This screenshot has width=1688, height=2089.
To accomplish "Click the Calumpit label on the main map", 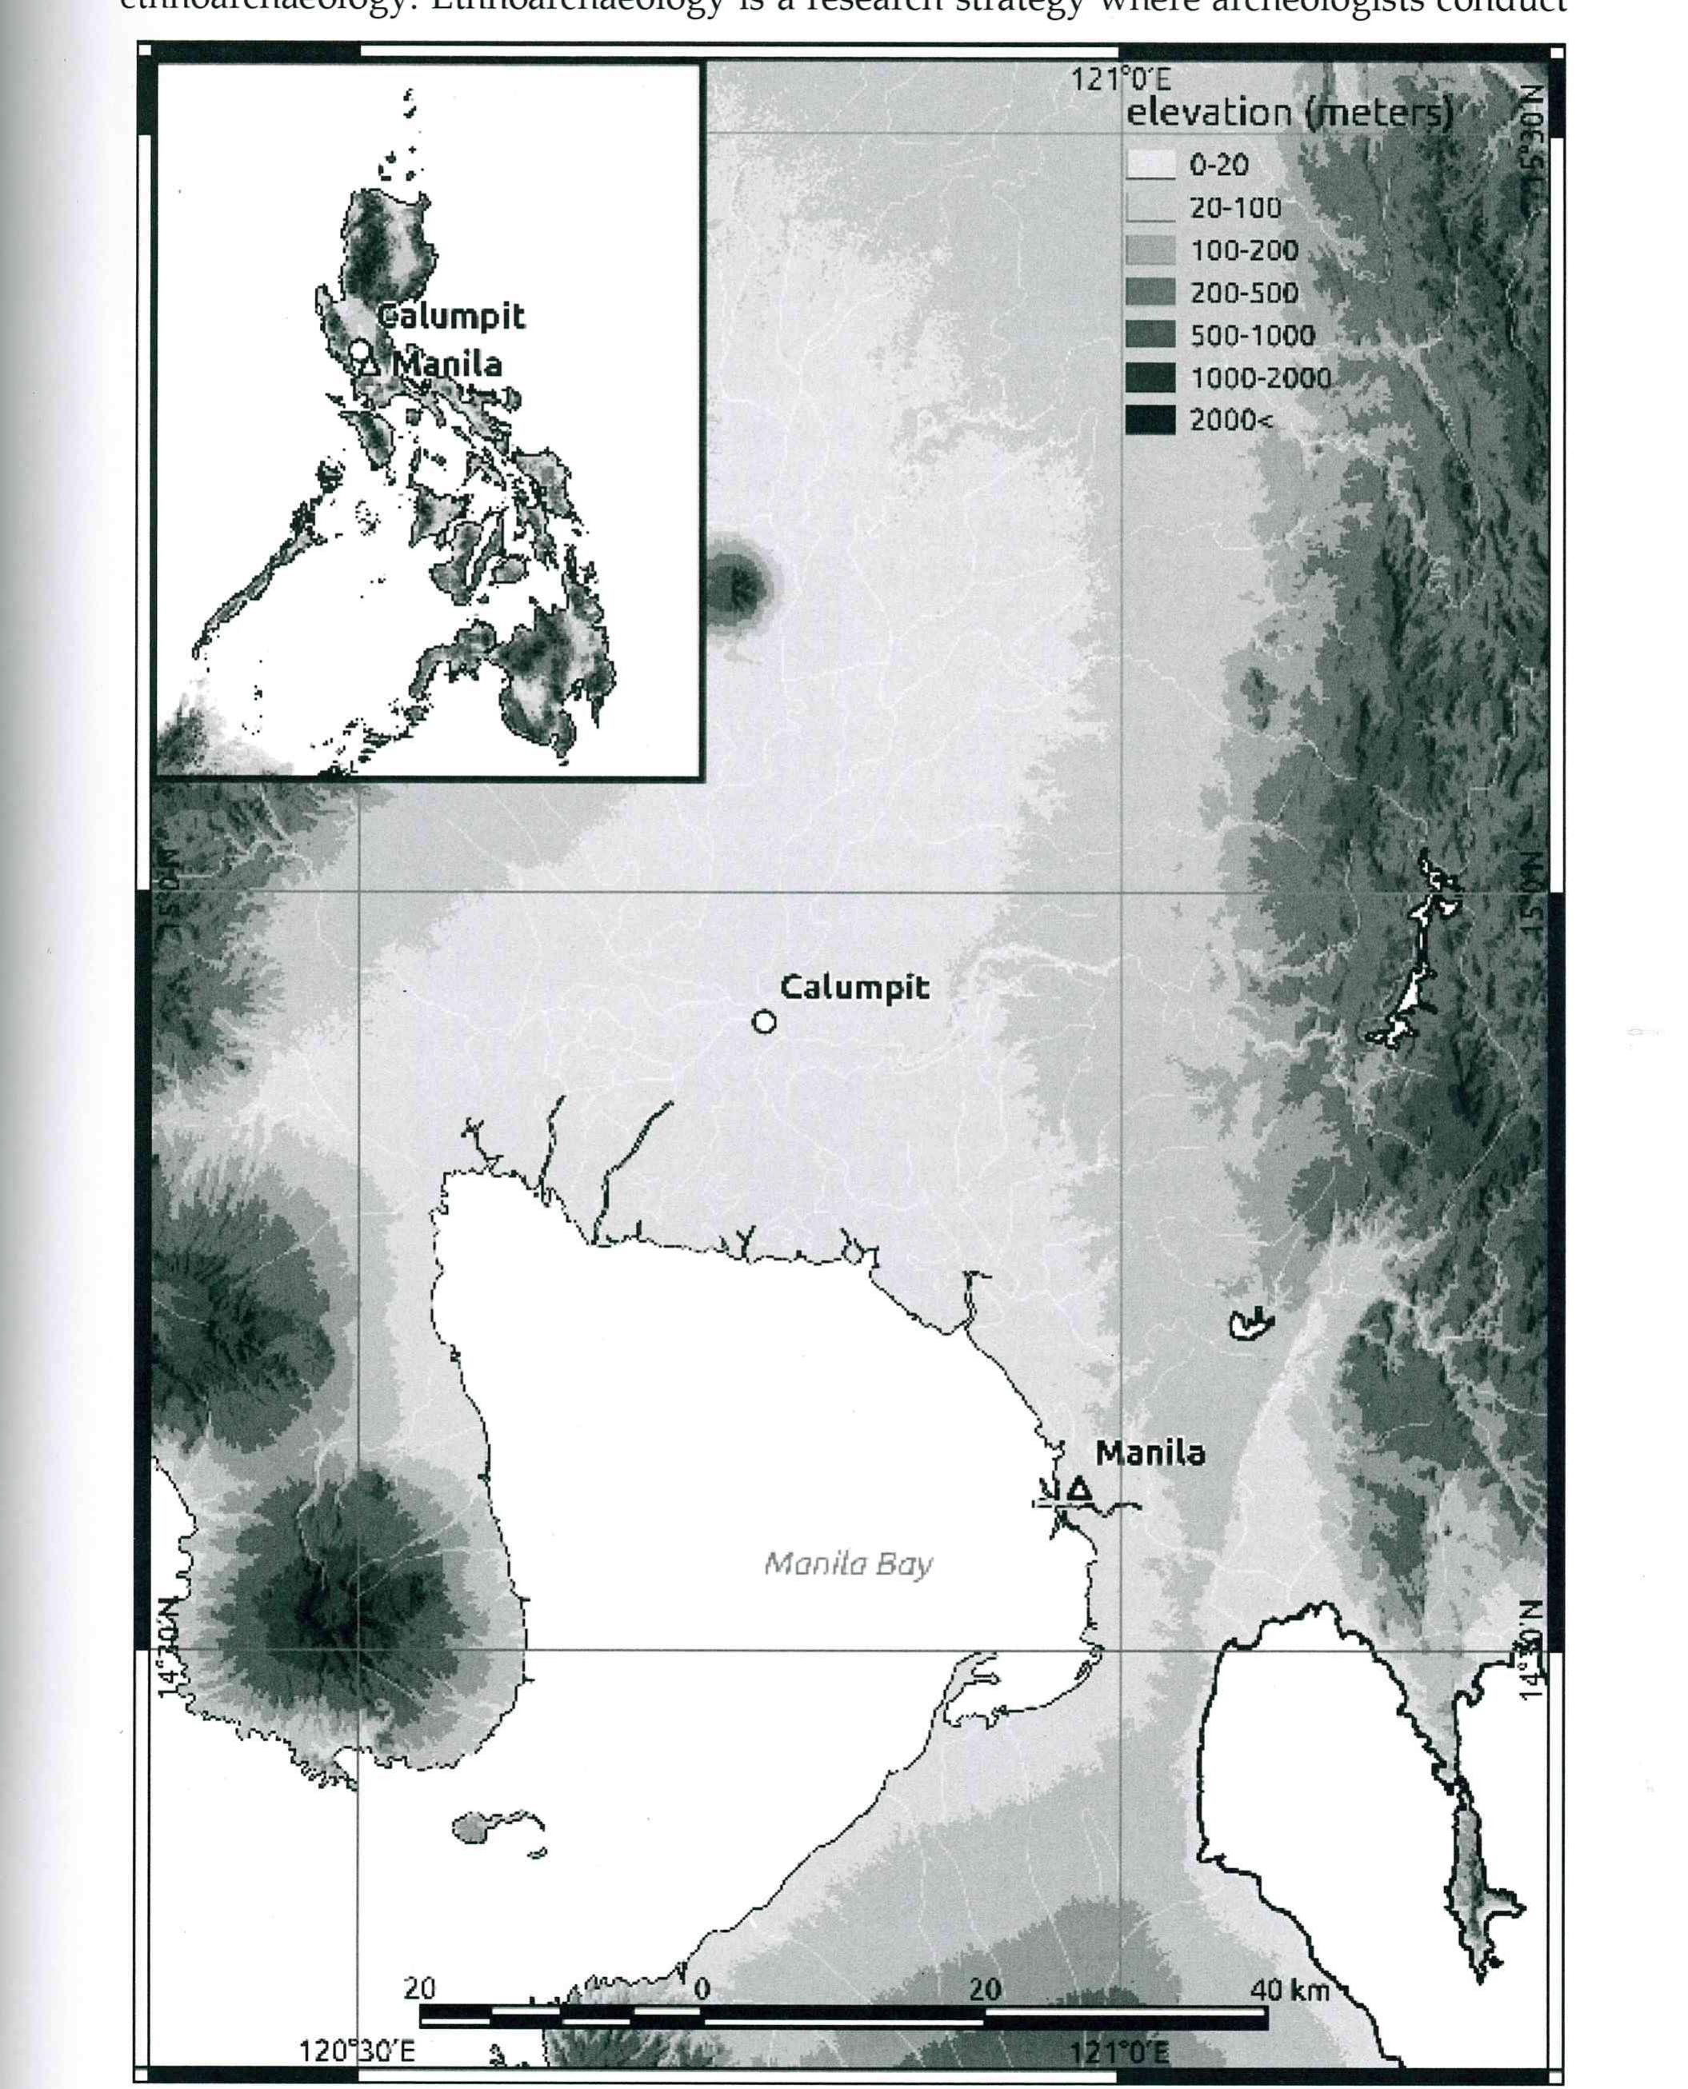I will click(854, 988).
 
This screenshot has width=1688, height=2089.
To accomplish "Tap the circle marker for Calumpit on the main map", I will click(764, 1021).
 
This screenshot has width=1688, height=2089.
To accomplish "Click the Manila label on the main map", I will click(1150, 1453).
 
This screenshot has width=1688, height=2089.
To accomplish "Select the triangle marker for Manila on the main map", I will click(1078, 1489).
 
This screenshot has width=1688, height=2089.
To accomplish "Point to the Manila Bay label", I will click(848, 1564).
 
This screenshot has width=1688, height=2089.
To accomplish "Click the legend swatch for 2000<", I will click(1150, 420).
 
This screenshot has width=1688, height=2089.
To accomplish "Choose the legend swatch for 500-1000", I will click(1150, 335).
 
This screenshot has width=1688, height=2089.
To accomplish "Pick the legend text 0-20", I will click(1218, 166).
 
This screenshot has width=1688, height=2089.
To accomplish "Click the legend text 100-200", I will click(1244, 251).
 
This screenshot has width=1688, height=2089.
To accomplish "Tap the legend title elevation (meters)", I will click(1288, 114).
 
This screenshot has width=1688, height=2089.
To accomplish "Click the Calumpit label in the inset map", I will click(451, 316).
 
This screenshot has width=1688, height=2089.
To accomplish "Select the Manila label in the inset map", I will click(448, 365).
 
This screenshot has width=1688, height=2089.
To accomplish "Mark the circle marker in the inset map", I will click(360, 349).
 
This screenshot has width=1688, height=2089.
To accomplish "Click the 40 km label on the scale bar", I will click(1290, 1989).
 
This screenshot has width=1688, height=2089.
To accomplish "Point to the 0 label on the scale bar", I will click(701, 1989).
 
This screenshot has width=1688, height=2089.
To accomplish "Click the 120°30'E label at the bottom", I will click(356, 2051).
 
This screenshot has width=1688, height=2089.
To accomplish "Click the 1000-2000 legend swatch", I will click(1150, 377).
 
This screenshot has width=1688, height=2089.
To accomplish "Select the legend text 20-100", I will click(1235, 208).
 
